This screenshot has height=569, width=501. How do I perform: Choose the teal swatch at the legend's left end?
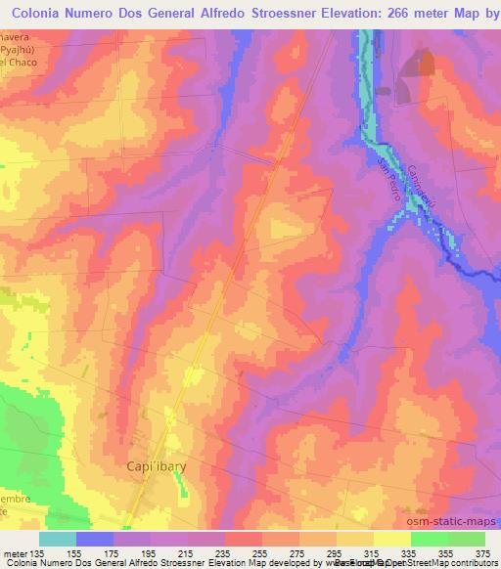(58, 538)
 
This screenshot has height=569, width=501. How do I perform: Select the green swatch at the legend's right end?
(467, 538)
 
